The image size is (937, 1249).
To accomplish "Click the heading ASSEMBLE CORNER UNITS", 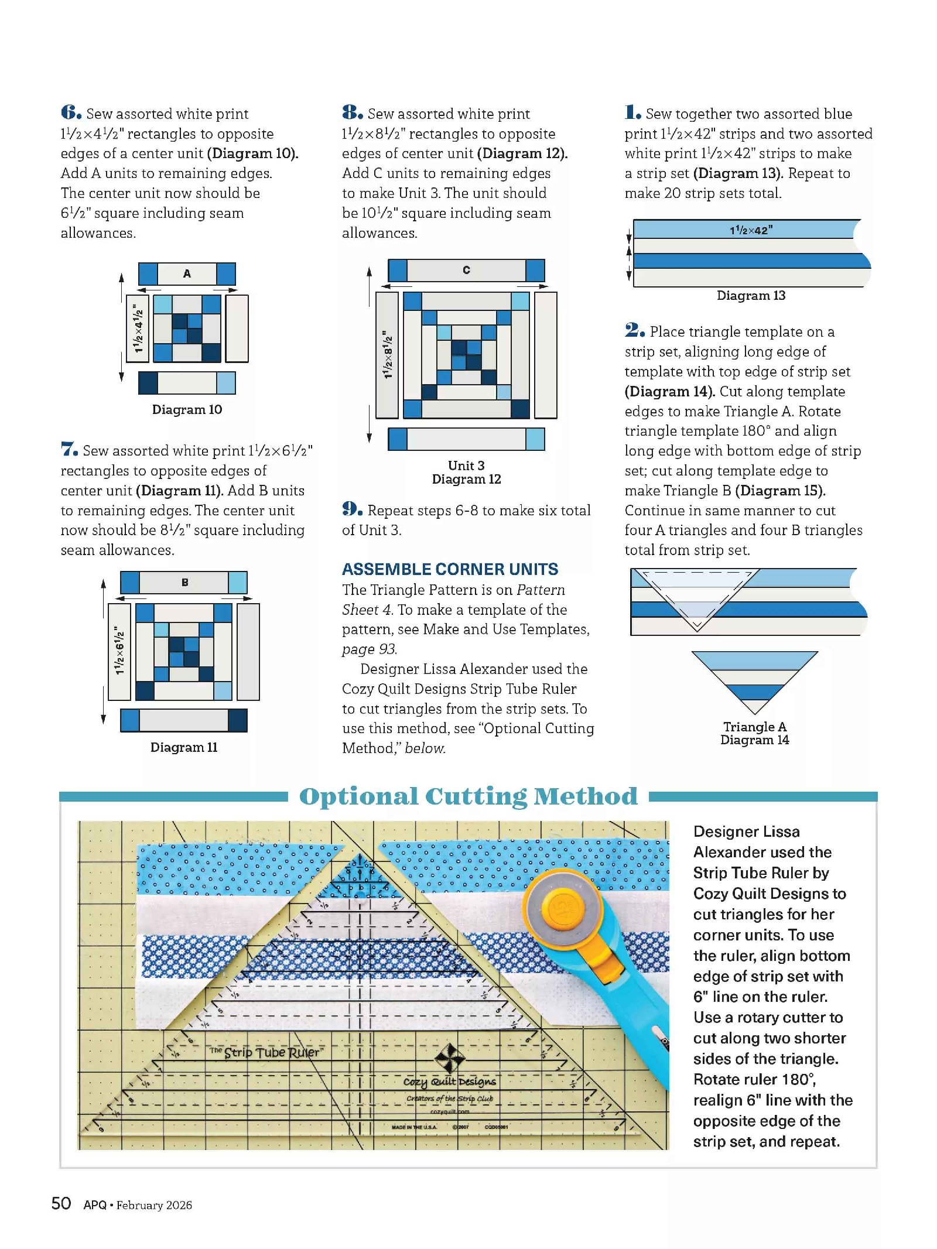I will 450,569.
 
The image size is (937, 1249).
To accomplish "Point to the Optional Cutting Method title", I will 468,796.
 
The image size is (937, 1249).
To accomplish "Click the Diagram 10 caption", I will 187,409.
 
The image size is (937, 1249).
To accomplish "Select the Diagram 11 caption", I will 184,747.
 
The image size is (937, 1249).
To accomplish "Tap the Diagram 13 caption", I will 751,296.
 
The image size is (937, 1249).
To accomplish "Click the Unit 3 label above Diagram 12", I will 466,466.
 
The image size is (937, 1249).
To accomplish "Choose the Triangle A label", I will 755,727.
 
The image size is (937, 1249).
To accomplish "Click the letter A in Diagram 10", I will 187,273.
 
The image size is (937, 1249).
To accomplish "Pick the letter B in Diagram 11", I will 184,582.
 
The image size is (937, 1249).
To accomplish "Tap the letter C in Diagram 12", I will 466,270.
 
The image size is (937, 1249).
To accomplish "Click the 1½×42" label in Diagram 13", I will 751,230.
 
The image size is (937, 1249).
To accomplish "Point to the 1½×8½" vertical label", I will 387,354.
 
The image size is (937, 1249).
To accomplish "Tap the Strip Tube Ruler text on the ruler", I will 271,1052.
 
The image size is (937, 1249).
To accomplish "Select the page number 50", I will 61,1204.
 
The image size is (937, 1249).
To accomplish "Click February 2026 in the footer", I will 154,1205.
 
